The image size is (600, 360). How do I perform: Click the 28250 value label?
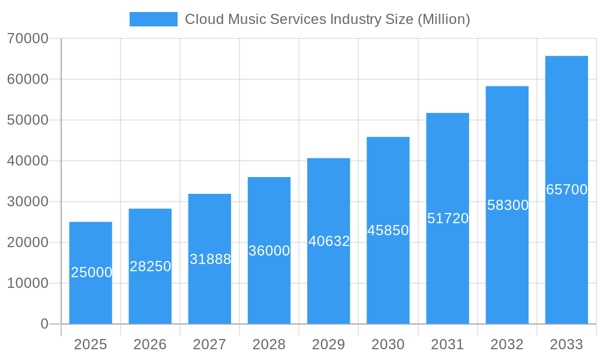[150, 266]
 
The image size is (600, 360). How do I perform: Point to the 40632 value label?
[329, 241]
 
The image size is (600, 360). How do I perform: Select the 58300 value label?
[508, 205]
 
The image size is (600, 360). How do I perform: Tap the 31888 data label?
[210, 259]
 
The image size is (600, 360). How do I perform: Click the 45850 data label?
[388, 230]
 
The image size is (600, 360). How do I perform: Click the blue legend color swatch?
[154, 19]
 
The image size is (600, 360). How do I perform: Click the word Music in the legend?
[245, 19]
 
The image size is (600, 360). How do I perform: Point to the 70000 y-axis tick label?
[28, 38]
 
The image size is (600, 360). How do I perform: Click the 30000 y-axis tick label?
[28, 202]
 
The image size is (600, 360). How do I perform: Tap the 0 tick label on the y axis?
[44, 324]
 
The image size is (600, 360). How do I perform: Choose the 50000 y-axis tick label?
[28, 120]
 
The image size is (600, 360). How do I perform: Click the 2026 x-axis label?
[150, 344]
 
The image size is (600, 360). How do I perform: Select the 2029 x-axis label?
[329, 344]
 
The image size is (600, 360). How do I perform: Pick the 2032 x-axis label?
[507, 344]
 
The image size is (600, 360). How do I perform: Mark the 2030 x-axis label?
[388, 344]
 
